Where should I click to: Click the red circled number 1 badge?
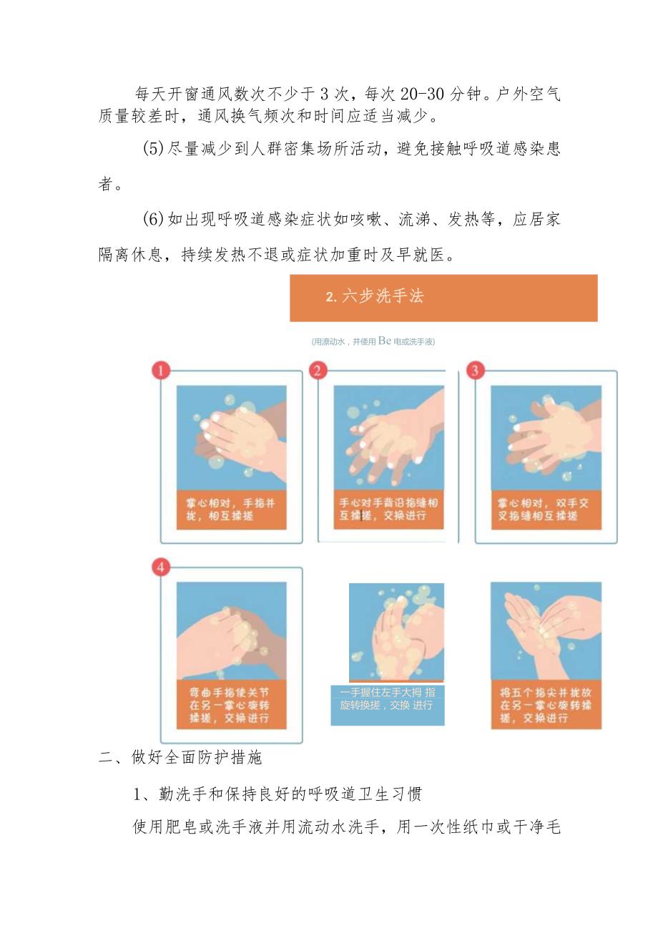162,370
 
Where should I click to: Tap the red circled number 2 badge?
318,370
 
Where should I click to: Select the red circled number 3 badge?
476,370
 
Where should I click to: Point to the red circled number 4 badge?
162,567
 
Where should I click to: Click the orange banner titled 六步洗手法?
443,298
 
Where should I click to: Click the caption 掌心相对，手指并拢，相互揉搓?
231,510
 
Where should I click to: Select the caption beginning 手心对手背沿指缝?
388,510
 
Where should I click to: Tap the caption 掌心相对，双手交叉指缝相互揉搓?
546,510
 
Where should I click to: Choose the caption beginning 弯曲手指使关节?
231,705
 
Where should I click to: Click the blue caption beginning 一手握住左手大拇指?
387,699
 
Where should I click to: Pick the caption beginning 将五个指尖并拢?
546,705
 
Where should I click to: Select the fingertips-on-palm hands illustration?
546,630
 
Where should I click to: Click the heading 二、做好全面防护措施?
180,758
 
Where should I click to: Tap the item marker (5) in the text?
154,148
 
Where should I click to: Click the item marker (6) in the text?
154,219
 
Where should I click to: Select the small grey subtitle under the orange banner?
373,341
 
